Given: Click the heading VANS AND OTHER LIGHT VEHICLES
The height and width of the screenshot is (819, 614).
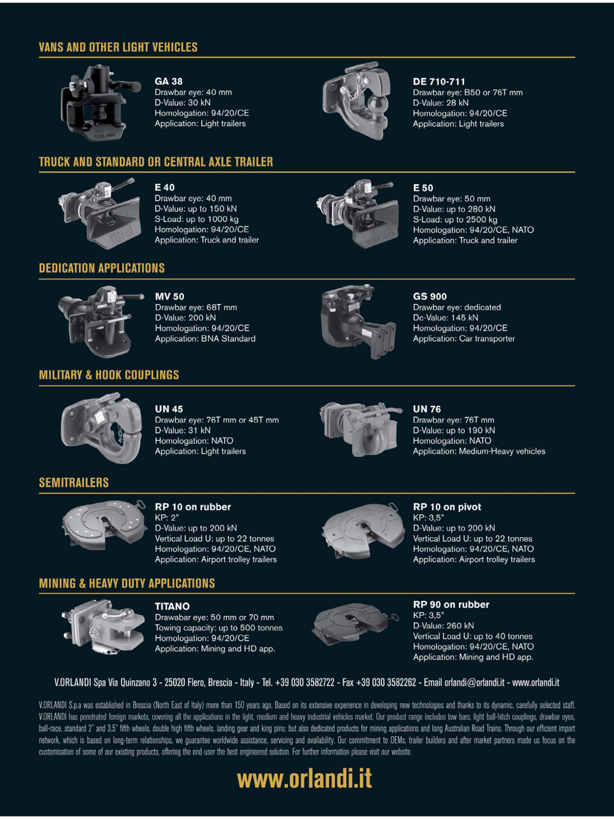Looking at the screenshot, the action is click(x=119, y=47).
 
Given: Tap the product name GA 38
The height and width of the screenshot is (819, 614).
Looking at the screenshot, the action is click(x=169, y=81).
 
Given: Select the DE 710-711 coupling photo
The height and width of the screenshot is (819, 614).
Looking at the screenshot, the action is click(x=357, y=101).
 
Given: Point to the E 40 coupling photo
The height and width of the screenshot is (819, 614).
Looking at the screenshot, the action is click(x=100, y=214).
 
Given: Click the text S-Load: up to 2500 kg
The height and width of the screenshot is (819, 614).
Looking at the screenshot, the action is click(x=455, y=219).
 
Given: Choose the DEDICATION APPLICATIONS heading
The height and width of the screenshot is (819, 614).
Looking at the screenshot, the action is click(x=102, y=268).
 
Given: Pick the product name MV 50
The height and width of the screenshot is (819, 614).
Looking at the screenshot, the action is click(x=169, y=297).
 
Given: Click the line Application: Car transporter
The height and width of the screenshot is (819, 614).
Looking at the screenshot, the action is click(x=464, y=338).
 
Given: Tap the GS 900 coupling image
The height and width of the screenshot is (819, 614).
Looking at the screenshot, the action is click(x=358, y=322).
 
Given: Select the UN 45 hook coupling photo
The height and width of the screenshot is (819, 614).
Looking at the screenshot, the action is click(x=101, y=427).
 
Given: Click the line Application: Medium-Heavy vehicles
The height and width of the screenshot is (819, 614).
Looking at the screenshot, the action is click(x=479, y=451).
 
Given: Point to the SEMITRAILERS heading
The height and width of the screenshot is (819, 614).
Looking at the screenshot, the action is click(x=74, y=483).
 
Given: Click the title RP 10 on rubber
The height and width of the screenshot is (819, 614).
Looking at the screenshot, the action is click(x=193, y=507).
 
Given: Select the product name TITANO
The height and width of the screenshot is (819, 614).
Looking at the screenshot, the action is click(x=173, y=607).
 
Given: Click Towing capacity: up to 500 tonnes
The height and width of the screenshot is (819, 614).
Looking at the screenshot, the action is click(x=219, y=627).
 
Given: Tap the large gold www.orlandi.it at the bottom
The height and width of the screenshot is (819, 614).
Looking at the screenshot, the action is click(x=305, y=778).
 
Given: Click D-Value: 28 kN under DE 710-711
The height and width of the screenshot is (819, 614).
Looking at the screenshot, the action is click(x=440, y=103).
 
